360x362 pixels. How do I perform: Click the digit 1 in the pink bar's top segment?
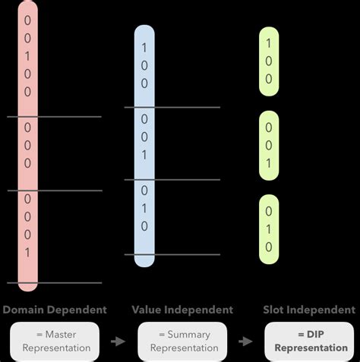pos(27,55)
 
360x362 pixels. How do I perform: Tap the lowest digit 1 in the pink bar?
pos(27,252)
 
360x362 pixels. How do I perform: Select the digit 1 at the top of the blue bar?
pos(144,48)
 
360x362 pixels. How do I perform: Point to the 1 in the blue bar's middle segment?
pos(144,154)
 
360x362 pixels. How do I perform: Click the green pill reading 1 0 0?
pos(269,61)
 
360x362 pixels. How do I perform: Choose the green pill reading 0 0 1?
pos(269,145)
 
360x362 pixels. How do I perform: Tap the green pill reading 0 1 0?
pos(269,228)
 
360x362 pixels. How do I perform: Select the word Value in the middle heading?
pos(148,310)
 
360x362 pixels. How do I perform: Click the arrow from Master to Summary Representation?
pos(118,342)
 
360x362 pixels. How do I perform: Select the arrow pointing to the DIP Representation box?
pos(246,342)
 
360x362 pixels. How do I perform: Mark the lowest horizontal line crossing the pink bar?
pos(53,283)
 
